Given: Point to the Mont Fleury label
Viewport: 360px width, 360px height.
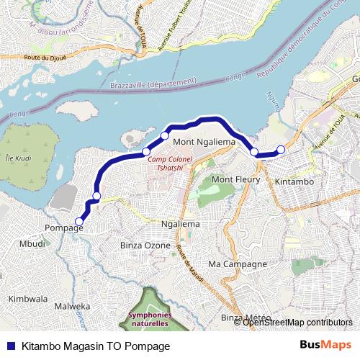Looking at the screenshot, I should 235,179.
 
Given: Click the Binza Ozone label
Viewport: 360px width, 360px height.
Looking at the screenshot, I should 145,246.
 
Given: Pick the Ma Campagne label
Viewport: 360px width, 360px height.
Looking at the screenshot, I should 232,264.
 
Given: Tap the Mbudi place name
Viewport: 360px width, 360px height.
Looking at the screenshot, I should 32,244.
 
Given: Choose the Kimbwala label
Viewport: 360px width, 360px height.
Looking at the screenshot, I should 27,298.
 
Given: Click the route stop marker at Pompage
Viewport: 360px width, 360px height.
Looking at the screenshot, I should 79,222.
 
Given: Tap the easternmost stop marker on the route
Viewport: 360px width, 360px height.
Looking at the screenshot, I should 281,149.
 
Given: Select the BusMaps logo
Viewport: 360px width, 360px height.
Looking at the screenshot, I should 325,345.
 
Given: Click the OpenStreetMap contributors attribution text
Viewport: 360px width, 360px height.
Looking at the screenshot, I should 297,322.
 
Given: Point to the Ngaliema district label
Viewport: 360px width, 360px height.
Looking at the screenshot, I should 180,225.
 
